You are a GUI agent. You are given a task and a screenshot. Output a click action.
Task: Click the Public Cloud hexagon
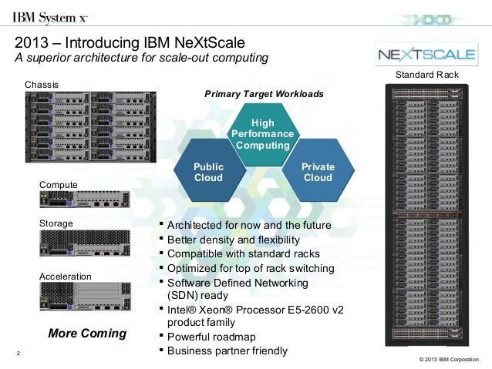pyautogui.click(x=208, y=172)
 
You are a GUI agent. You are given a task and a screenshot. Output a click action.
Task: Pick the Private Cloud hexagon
pyautogui.click(x=318, y=172)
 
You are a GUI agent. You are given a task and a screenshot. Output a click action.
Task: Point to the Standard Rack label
pyautogui.click(x=426, y=75)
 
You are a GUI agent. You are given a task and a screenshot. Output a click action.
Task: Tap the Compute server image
pyautogui.click(x=84, y=200)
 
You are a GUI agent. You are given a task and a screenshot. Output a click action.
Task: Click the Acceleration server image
pyautogui.click(x=84, y=297)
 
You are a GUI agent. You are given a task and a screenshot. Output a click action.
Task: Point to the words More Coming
pyautogui.click(x=87, y=334)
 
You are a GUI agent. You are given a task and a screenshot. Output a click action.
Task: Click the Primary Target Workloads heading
pyautogui.click(x=264, y=93)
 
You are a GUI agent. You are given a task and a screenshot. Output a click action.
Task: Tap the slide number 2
pyautogui.click(x=17, y=355)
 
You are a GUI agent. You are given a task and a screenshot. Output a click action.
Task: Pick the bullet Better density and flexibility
pyautogui.click(x=234, y=240)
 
